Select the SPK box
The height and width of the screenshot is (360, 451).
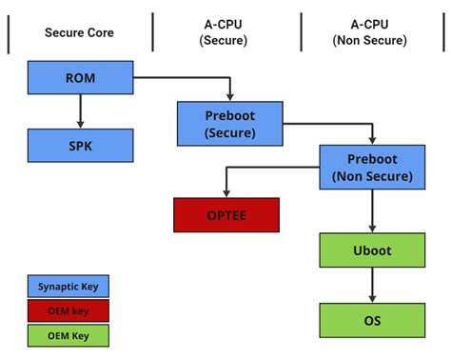tap(80, 146)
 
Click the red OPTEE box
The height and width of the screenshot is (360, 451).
tap(225, 215)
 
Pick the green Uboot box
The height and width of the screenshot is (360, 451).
tap(372, 250)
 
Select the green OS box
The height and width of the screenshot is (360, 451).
tap(372, 321)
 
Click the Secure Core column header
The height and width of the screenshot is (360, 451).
tap(80, 32)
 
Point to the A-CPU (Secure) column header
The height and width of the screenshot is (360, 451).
tap(225, 32)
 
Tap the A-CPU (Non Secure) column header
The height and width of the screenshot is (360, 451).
tap(372, 32)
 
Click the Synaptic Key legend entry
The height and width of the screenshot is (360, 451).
tap(68, 286)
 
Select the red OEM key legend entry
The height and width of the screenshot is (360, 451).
tap(68, 310)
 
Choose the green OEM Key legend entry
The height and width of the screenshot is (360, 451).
tap(68, 335)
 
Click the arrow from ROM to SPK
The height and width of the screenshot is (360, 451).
tap(80, 112)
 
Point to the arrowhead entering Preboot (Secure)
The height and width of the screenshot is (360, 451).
tap(229, 97)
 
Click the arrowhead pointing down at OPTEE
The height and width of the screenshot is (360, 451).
tap(225, 192)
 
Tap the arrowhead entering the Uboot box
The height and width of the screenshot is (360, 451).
tap(372, 229)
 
